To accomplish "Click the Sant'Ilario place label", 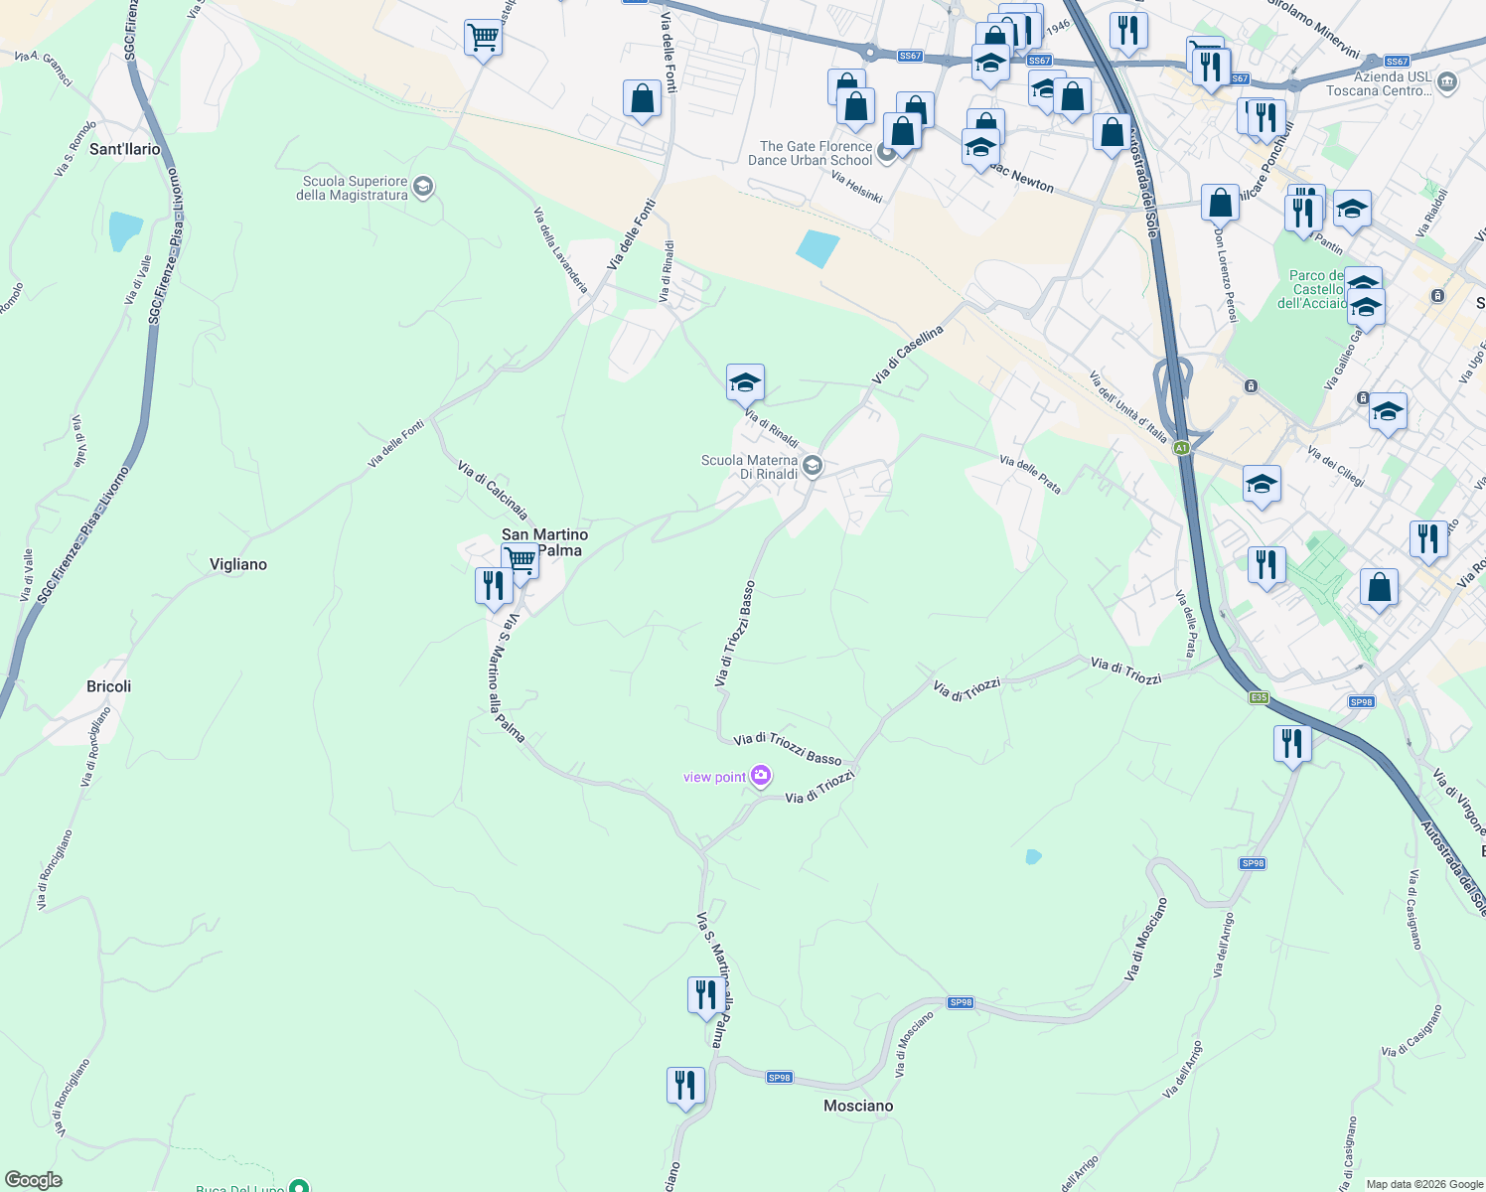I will pyautogui.click(x=125, y=149).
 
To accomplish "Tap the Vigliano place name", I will pyautogui.click(x=238, y=564).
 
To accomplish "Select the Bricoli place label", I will pyautogui.click(x=109, y=686).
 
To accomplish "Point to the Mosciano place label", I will pyautogui.click(x=858, y=1106).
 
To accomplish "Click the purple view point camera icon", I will pyautogui.click(x=761, y=776).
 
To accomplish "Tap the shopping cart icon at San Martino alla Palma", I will pyautogui.click(x=520, y=559).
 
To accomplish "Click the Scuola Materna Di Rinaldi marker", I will pyautogui.click(x=813, y=465).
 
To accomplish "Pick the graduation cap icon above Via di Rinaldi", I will pyautogui.click(x=745, y=382).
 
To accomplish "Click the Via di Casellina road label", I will pyautogui.click(x=907, y=356).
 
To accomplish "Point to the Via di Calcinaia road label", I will pyautogui.click(x=492, y=489).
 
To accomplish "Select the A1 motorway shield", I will pyautogui.click(x=1181, y=448).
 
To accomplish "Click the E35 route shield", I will pyautogui.click(x=1259, y=697).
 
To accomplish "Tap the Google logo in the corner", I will pyautogui.click(x=34, y=1180).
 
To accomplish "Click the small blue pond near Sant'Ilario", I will pyautogui.click(x=125, y=229).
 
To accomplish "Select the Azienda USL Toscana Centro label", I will pyautogui.click(x=1379, y=83).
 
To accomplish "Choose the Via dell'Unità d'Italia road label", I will pyautogui.click(x=1128, y=406).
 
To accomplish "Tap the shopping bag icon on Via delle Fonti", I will pyautogui.click(x=643, y=99).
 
